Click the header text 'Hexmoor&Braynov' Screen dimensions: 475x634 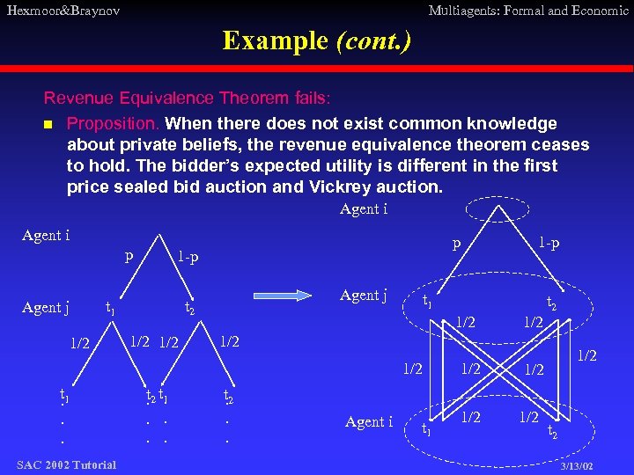coord(63,11)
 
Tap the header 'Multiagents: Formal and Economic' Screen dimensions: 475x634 coord(527,11)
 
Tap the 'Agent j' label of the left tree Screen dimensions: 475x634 coord(46,307)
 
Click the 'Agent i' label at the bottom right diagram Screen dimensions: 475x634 coord(370,422)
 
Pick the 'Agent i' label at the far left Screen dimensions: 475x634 coord(46,235)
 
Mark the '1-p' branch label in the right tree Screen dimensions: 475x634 coord(549,242)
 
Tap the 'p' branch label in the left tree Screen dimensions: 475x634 coord(129,257)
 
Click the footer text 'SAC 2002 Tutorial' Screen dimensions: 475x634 coord(66,464)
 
